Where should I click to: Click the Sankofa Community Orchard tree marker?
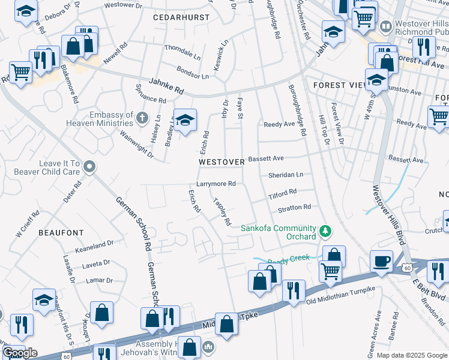pyautogui.click(x=325, y=231)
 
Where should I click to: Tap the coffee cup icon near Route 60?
pyautogui.click(x=382, y=262)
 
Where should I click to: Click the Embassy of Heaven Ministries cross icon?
pyautogui.click(x=142, y=116)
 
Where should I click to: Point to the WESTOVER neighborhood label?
pyautogui.click(x=221, y=162)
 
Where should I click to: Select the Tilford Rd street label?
pyautogui.click(x=282, y=193)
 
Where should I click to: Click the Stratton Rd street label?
pyautogui.click(x=294, y=208)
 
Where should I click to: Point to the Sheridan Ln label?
pyautogui.click(x=286, y=175)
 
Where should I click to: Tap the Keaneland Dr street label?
pyautogui.click(x=94, y=245)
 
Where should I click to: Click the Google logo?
pyautogui.click(x=20, y=353)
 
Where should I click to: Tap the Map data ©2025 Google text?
pyautogui.click(x=412, y=355)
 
